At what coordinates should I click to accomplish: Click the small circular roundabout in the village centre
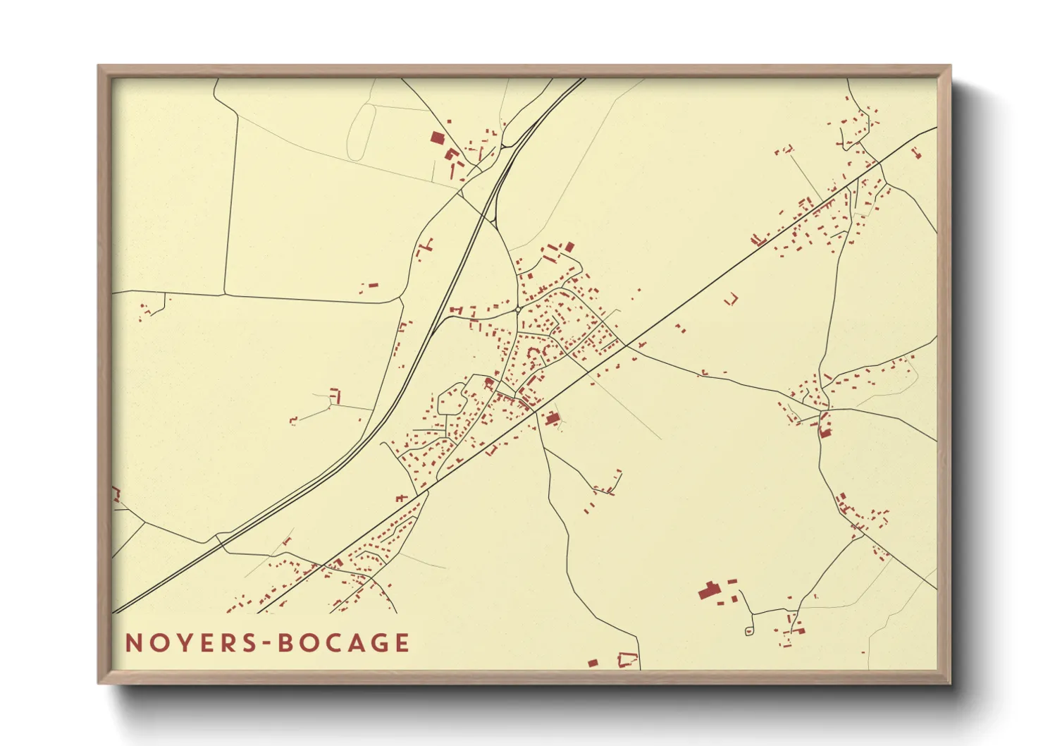click(x=518, y=310)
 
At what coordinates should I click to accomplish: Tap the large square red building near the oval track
click(x=438, y=137)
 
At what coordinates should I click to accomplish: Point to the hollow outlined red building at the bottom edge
click(x=627, y=661)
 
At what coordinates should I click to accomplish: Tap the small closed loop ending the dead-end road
click(x=749, y=631)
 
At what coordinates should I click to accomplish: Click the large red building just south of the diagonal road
click(x=553, y=419)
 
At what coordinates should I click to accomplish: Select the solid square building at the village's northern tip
click(x=570, y=247)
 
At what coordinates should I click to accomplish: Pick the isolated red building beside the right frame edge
click(x=916, y=152)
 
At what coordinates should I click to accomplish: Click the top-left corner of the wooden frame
click(x=99, y=66)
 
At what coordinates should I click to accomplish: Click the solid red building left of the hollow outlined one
click(x=593, y=664)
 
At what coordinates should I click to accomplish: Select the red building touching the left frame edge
click(x=116, y=494)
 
